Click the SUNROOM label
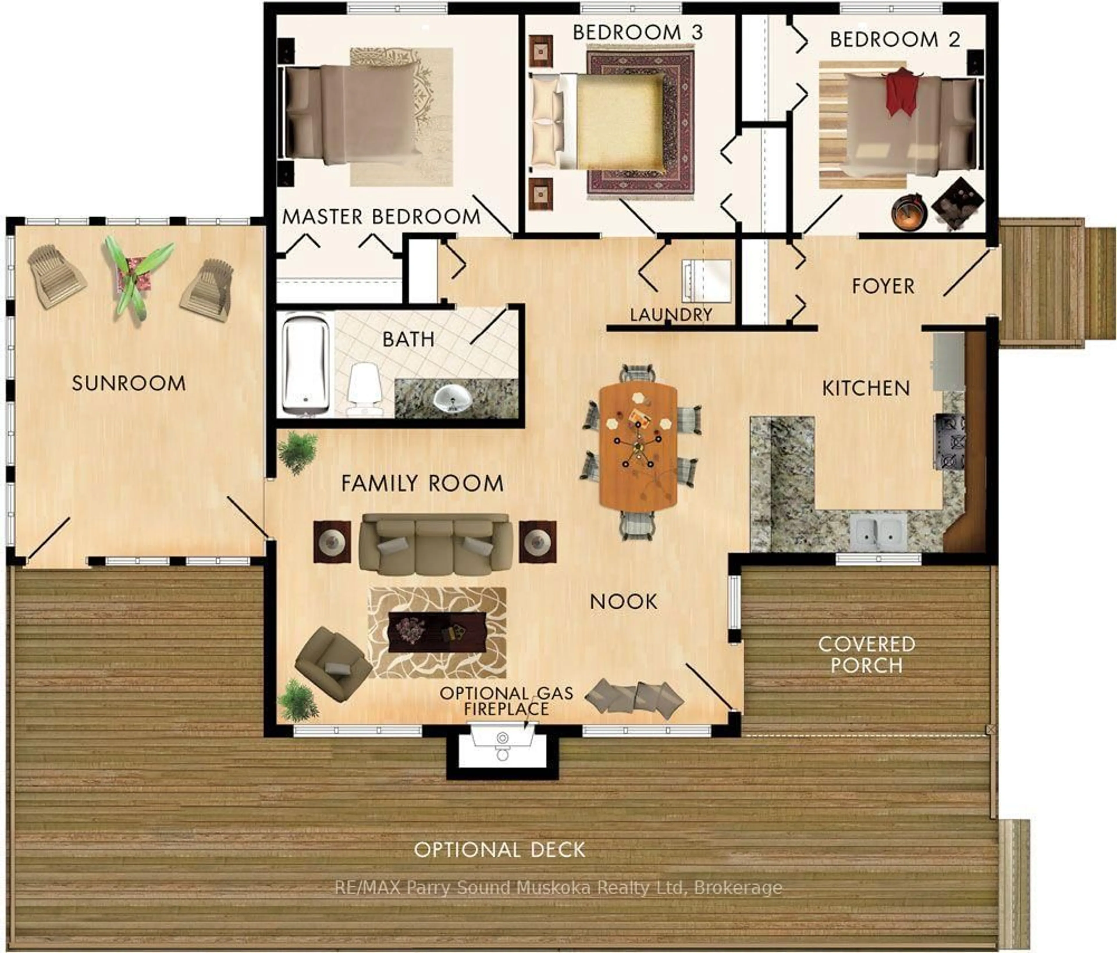click(x=129, y=383)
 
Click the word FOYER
click(x=883, y=286)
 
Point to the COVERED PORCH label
click(x=866, y=654)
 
